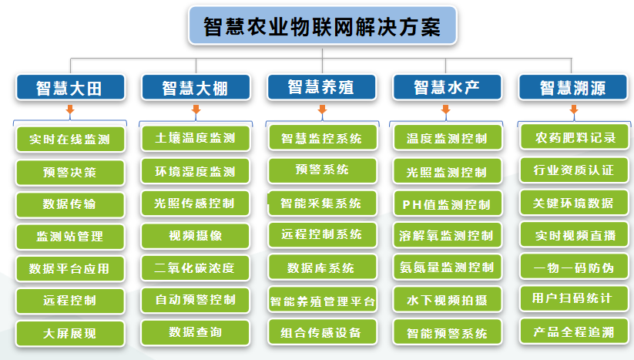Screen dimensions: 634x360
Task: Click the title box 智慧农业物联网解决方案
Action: (323, 25)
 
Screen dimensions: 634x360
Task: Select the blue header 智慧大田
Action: (70, 87)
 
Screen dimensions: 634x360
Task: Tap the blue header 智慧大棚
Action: (196, 87)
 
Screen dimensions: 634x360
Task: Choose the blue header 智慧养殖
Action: (322, 87)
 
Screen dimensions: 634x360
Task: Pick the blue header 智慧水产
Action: (448, 87)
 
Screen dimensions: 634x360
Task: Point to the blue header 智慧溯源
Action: (573, 87)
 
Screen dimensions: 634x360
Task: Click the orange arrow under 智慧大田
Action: (70, 109)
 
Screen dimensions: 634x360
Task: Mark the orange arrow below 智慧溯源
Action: (574, 109)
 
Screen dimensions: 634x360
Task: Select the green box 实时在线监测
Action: (70, 140)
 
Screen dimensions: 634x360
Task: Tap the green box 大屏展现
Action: (70, 333)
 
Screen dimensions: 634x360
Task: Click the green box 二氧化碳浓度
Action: (196, 267)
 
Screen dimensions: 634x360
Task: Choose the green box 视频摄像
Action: (196, 235)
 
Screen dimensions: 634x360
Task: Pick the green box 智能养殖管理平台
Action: (322, 300)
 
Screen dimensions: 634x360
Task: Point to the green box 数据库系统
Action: (322, 267)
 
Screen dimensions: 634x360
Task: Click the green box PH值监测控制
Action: (448, 204)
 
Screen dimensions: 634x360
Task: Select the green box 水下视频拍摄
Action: (448, 300)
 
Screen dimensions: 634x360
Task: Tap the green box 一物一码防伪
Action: (574, 267)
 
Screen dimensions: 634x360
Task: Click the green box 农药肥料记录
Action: (574, 137)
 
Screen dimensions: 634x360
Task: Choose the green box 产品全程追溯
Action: (574, 331)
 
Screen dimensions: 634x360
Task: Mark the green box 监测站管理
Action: (70, 236)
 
